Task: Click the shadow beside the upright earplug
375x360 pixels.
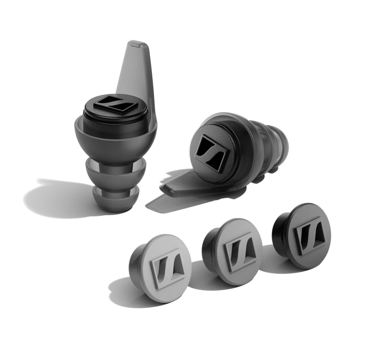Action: (52, 197)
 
